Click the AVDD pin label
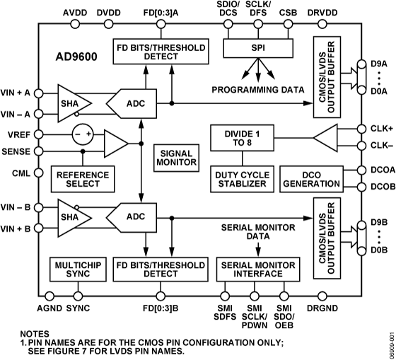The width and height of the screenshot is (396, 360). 76,12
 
